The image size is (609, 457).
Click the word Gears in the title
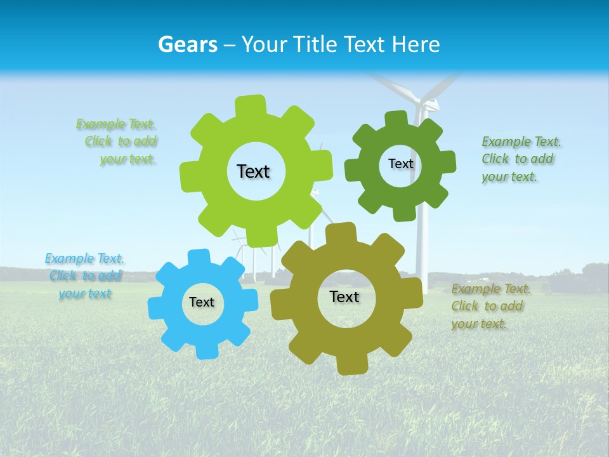[x=188, y=44]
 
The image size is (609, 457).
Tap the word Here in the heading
[x=416, y=44]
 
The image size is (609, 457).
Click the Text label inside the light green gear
[x=253, y=171]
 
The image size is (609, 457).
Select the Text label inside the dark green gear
[x=400, y=164]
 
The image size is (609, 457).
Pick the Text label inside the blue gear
[x=202, y=303]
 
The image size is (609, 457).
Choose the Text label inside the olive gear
[x=344, y=296]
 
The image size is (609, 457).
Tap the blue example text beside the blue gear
[x=84, y=276]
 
